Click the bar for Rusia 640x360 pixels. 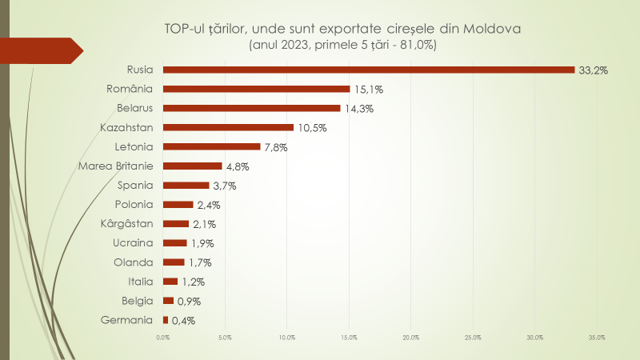pyautogui.click(x=369, y=70)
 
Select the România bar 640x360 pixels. pyautogui.click(x=257, y=89)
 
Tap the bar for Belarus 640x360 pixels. pyautogui.click(x=252, y=108)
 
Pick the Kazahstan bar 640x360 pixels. pyautogui.click(x=228, y=127)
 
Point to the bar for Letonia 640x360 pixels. pyautogui.click(x=212, y=146)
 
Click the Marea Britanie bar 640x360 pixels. pyautogui.click(x=193, y=166)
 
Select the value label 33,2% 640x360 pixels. pyautogui.click(x=594, y=70)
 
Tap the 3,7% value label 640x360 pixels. pyautogui.click(x=225, y=186)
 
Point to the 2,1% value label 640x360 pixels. pyautogui.click(x=204, y=224)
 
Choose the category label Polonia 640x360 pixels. pyautogui.click(x=134, y=205)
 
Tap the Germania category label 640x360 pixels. pyautogui.click(x=127, y=321)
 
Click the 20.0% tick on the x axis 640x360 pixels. pyautogui.click(x=411, y=338)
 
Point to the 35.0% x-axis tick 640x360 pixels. pyautogui.click(x=597, y=338)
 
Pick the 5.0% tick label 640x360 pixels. pyautogui.click(x=225, y=338)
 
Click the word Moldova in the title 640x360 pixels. pyautogui.click(x=492, y=29)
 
